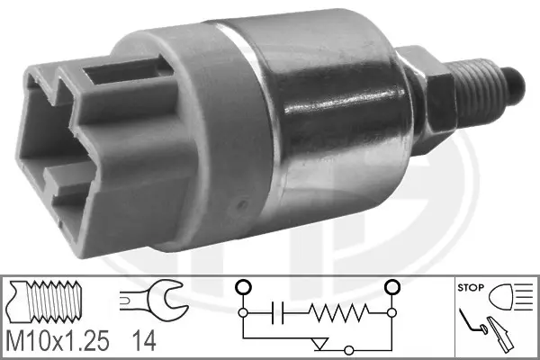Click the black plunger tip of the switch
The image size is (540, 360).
(x=515, y=85)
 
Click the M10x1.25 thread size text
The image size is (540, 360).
(x=58, y=341)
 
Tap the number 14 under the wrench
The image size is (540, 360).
(x=144, y=341)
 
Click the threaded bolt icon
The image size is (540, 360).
(x=45, y=301)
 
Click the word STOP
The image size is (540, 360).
(x=471, y=287)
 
